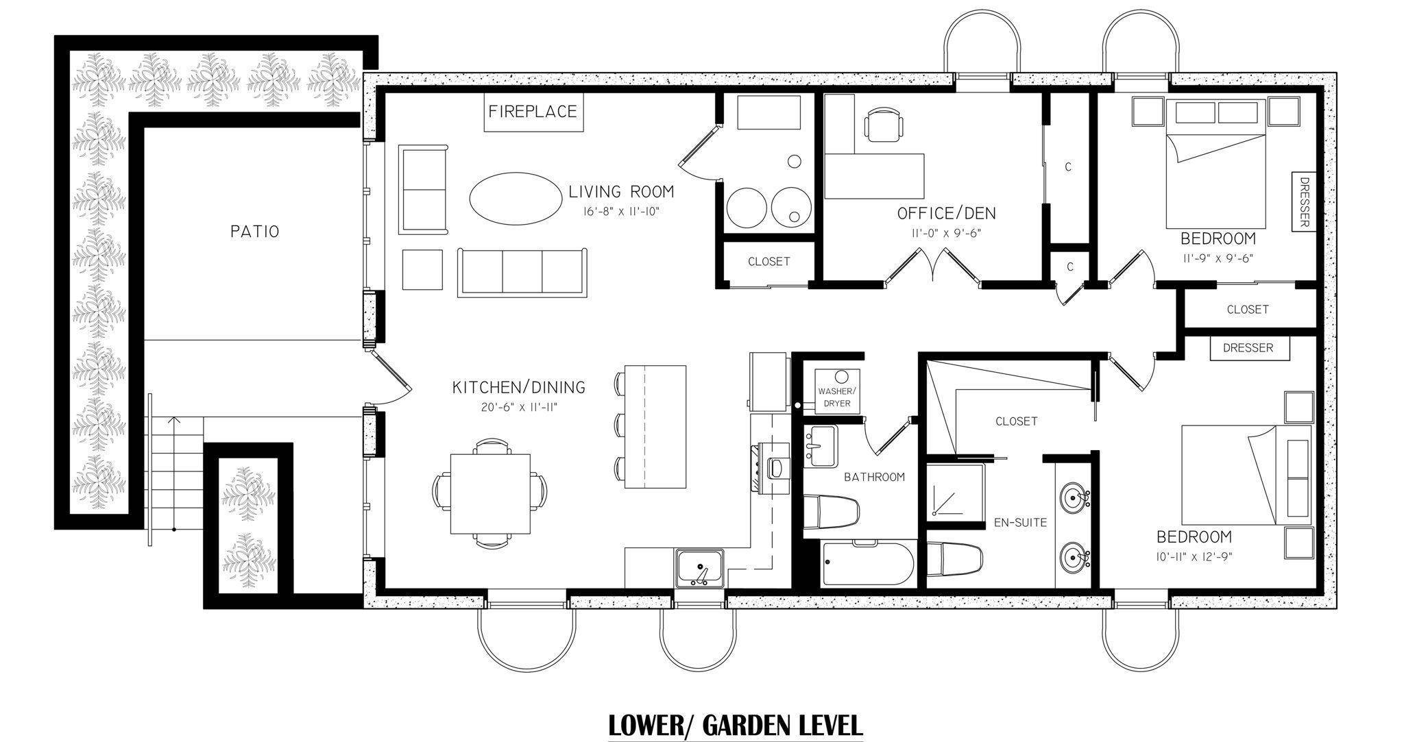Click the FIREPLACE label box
pyautogui.click(x=533, y=111)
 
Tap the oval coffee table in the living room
pyautogui.click(x=513, y=198)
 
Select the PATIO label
pyautogui.click(x=254, y=232)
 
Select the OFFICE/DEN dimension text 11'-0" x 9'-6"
pyautogui.click(x=947, y=233)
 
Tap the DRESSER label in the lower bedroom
pyautogui.click(x=1248, y=347)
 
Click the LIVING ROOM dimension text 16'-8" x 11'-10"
pyautogui.click(x=620, y=212)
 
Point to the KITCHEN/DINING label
pyautogui.click(x=519, y=387)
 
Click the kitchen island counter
pyautogui.click(x=655, y=426)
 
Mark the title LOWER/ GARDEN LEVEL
pyautogui.click(x=736, y=724)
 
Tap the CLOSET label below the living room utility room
pyautogui.click(x=768, y=262)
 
